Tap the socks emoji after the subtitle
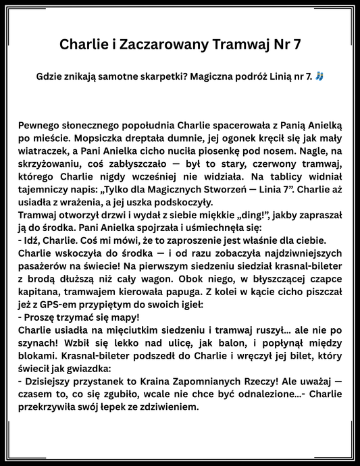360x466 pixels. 319,78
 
